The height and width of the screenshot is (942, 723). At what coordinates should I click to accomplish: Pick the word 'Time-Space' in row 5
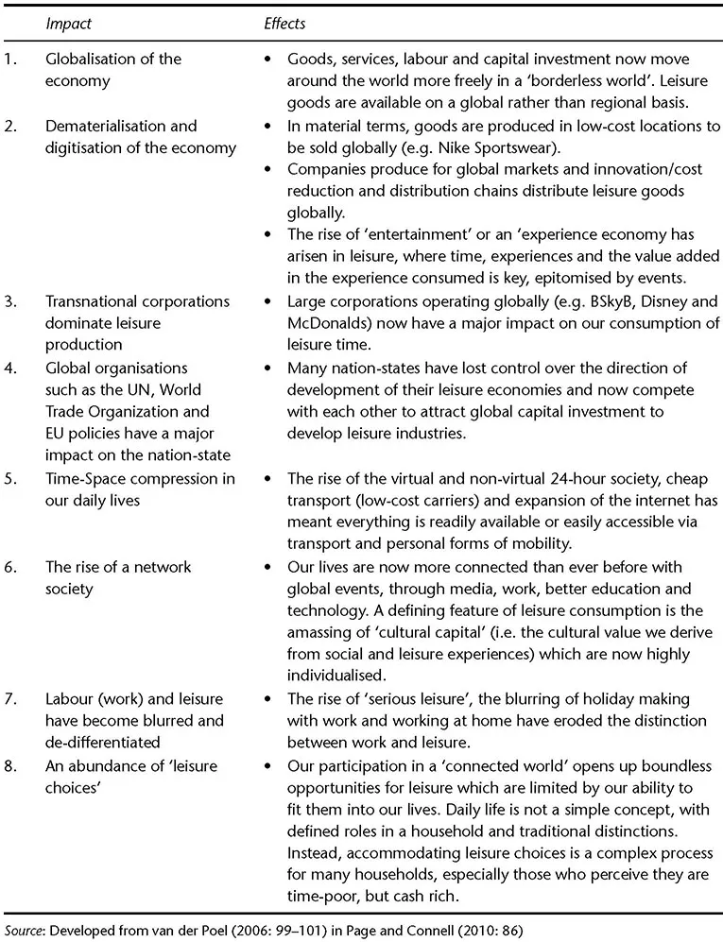click(x=85, y=479)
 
